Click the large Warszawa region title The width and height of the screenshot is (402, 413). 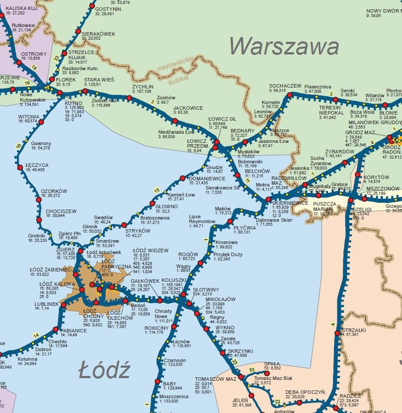click(x=284, y=46)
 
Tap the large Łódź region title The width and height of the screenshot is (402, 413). click(x=104, y=371)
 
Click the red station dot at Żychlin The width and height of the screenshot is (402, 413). click(x=129, y=98)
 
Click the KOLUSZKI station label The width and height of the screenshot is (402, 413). click(x=174, y=280)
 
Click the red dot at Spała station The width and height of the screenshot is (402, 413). click(x=266, y=373)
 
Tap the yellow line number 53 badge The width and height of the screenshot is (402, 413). click(x=251, y=370)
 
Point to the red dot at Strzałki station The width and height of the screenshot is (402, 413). click(x=337, y=334)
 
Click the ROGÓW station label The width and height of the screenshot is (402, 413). click(x=188, y=254)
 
